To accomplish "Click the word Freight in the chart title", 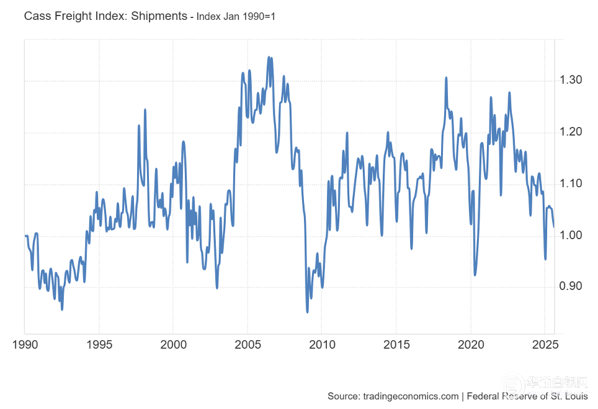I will click(74, 15).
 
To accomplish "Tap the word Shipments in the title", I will click(158, 15).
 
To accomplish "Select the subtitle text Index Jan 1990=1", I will click(236, 16).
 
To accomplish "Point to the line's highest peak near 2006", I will click(269, 57).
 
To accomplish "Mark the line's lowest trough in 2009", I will click(307, 312).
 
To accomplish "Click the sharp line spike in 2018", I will click(446, 78).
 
